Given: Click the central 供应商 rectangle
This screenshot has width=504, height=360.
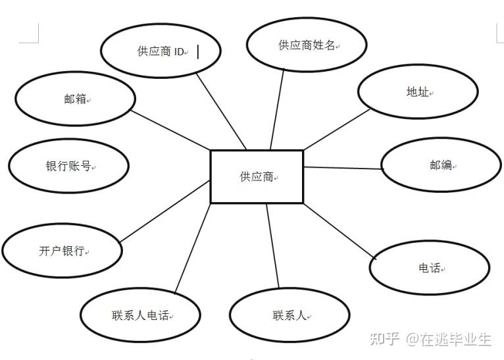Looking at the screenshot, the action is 257,176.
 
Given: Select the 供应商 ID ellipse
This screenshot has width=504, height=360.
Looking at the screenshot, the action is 161,51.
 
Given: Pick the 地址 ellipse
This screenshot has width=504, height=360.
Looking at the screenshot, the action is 418,91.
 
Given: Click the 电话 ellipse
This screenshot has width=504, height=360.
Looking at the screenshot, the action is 429,268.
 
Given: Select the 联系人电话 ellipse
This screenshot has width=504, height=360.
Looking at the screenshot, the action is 140,315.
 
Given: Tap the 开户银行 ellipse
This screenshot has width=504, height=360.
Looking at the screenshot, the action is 63,251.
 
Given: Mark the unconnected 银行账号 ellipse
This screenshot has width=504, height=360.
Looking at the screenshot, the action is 68,167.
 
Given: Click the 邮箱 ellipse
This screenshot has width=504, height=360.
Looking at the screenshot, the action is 75,99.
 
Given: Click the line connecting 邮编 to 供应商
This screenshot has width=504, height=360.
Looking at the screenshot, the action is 342,168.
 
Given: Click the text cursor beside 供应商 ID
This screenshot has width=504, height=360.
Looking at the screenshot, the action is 198,51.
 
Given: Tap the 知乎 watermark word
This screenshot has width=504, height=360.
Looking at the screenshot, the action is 385,340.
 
